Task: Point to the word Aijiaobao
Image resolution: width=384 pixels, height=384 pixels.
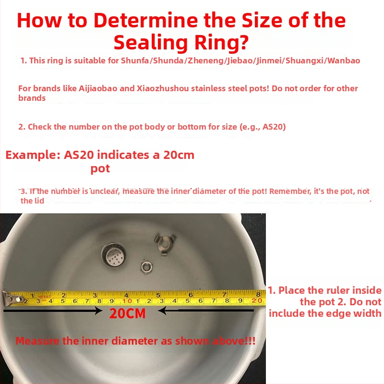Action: [98, 88]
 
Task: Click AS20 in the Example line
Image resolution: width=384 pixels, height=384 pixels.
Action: [79, 155]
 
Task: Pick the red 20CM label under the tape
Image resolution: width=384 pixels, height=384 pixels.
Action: [127, 313]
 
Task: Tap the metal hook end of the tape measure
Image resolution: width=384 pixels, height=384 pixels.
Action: [11, 298]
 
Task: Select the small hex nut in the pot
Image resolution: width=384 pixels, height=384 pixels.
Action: [146, 267]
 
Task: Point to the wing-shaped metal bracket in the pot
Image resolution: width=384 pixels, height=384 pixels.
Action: [164, 243]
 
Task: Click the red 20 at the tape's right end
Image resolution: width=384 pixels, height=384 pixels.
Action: [256, 300]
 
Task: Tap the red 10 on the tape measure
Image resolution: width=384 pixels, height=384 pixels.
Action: [127, 301]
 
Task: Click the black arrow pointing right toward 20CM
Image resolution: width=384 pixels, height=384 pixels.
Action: [53, 311]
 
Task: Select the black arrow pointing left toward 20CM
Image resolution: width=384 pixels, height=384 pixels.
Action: [206, 311]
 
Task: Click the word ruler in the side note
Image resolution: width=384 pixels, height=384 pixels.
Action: [335, 290]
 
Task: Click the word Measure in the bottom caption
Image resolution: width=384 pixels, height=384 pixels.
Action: [37, 341]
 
